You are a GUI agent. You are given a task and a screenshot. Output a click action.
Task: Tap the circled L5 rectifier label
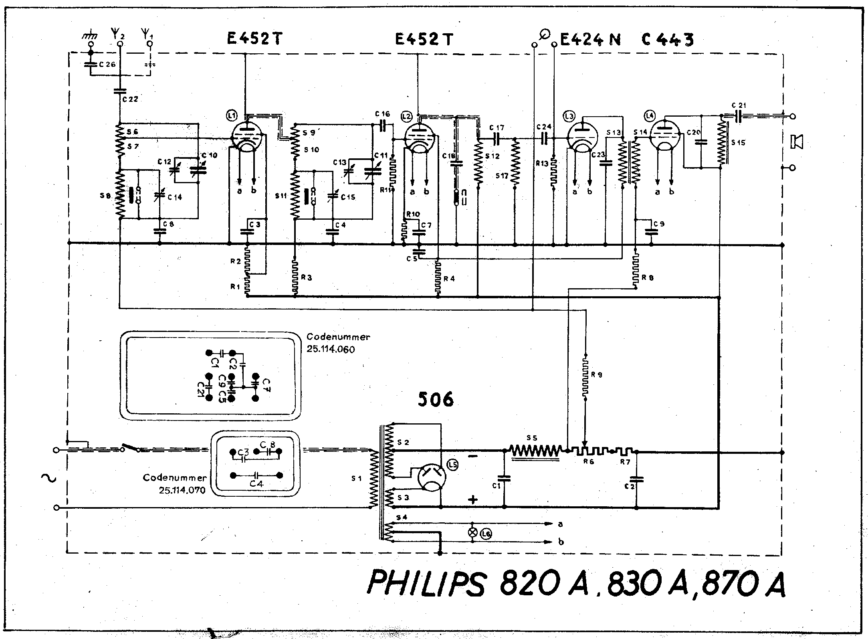pyautogui.click(x=453, y=465)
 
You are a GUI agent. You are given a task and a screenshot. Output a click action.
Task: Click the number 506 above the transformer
pyautogui.click(x=436, y=399)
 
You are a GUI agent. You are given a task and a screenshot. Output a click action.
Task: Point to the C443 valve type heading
pyautogui.click(x=667, y=40)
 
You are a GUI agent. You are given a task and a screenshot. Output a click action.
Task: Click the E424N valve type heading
pyautogui.click(x=590, y=40)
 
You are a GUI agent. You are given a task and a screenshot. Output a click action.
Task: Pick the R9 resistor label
pyautogui.click(x=597, y=375)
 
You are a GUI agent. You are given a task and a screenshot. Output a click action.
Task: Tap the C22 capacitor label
pyautogui.click(x=130, y=99)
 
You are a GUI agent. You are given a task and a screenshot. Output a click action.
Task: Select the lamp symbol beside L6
pyautogui.click(x=473, y=533)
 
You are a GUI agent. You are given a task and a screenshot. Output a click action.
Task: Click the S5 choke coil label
pyautogui.click(x=532, y=438)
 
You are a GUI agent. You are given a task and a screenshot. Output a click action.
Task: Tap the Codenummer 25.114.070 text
pyautogui.click(x=175, y=484)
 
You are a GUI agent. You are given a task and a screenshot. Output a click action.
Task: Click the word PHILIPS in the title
pyautogui.click(x=427, y=582)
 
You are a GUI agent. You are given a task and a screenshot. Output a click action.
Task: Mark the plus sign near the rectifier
pyautogui.click(x=473, y=499)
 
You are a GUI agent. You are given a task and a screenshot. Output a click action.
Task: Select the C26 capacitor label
pyautogui.click(x=107, y=64)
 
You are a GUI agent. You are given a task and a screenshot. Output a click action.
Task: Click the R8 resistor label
pyautogui.click(x=648, y=277)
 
